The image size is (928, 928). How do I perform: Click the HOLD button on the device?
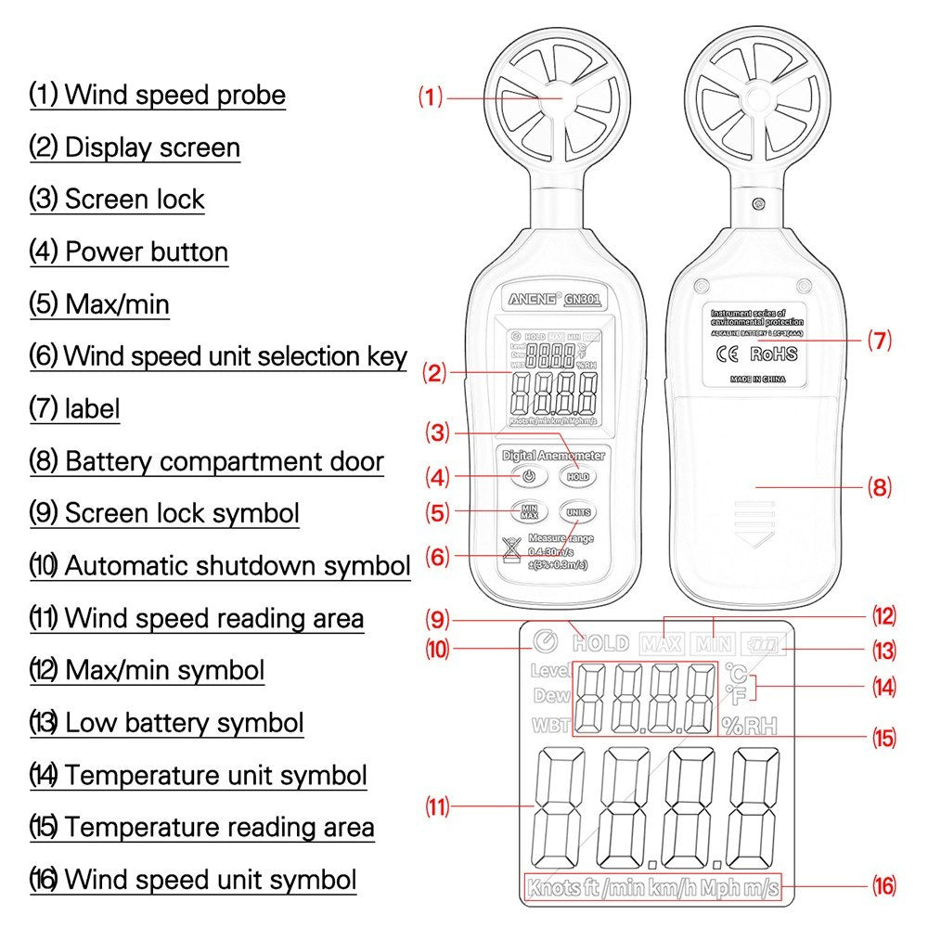(x=577, y=476)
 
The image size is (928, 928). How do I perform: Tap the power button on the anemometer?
(x=527, y=476)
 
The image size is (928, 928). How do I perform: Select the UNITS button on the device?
(x=577, y=512)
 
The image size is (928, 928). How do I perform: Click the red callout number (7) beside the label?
(x=879, y=341)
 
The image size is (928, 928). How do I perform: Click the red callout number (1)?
(x=430, y=97)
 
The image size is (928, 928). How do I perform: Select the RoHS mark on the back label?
(x=773, y=353)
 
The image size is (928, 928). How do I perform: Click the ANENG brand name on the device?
(x=532, y=299)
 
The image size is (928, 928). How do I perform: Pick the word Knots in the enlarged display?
(x=554, y=888)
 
